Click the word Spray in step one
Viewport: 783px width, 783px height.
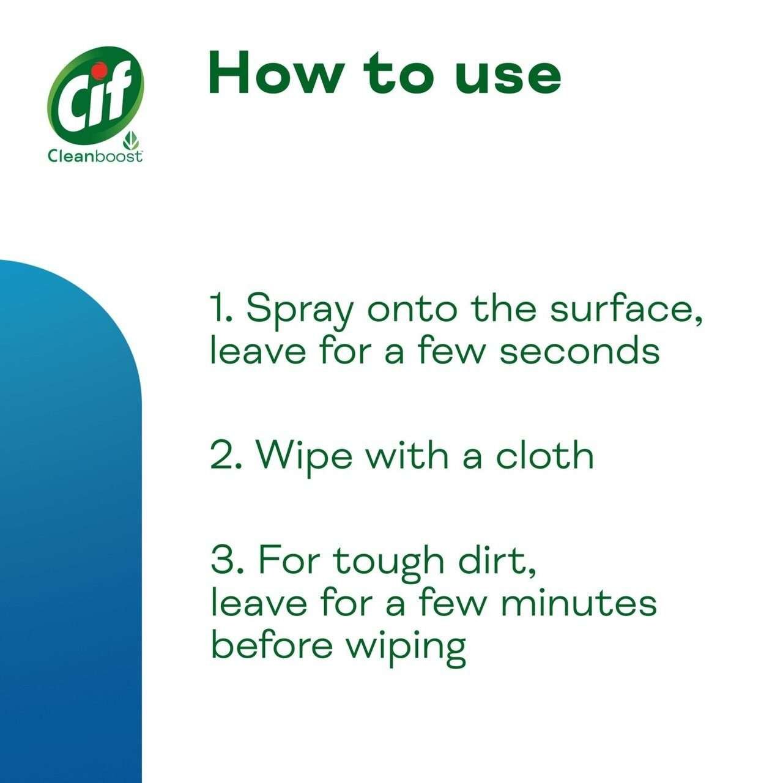point(300,310)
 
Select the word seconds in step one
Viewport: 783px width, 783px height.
point(580,351)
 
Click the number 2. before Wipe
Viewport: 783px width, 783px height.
point(226,456)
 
